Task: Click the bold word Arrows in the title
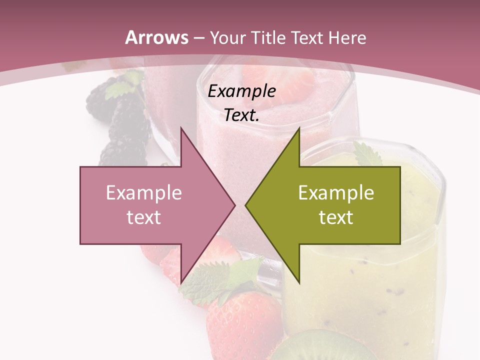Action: point(156,37)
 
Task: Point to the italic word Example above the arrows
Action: point(241,91)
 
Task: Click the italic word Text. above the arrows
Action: point(241,115)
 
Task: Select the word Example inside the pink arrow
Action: point(144,193)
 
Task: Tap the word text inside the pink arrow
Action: point(144,217)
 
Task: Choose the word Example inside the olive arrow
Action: point(336,193)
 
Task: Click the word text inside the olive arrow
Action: point(336,217)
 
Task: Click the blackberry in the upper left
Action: point(122,120)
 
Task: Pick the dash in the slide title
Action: point(198,37)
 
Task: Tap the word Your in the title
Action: point(228,37)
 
